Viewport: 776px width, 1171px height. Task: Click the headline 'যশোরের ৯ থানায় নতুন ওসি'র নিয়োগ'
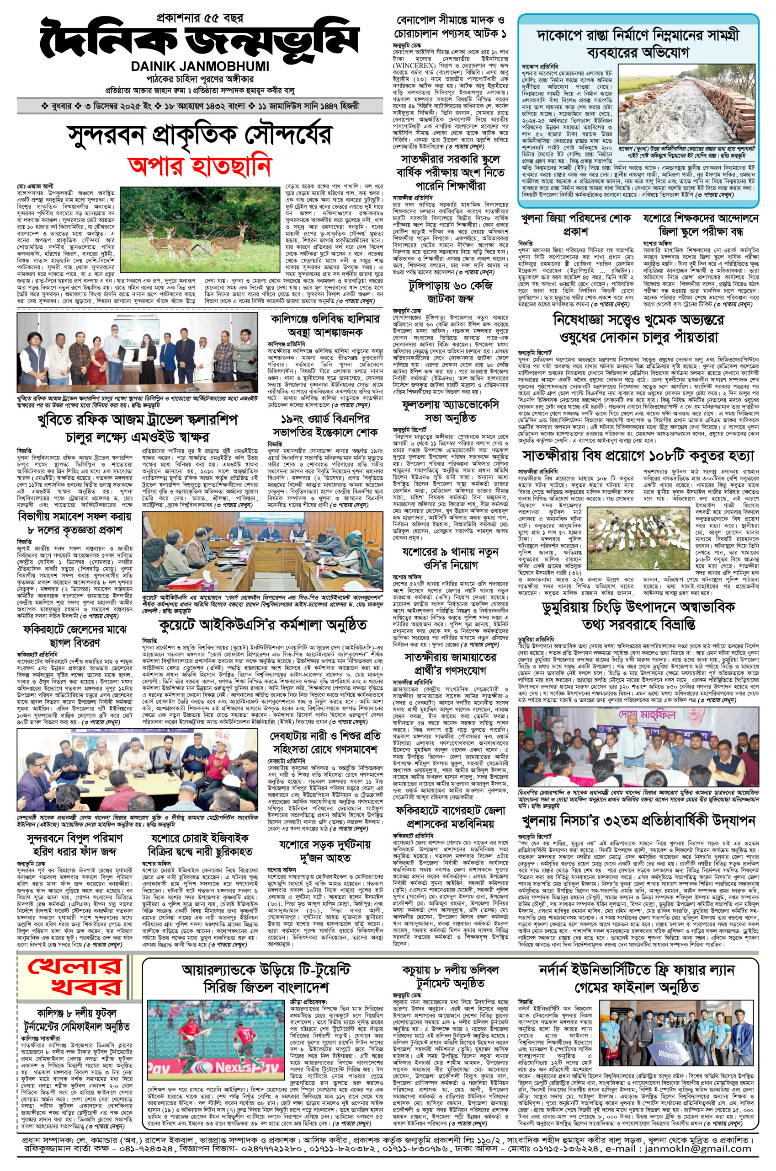click(449, 558)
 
